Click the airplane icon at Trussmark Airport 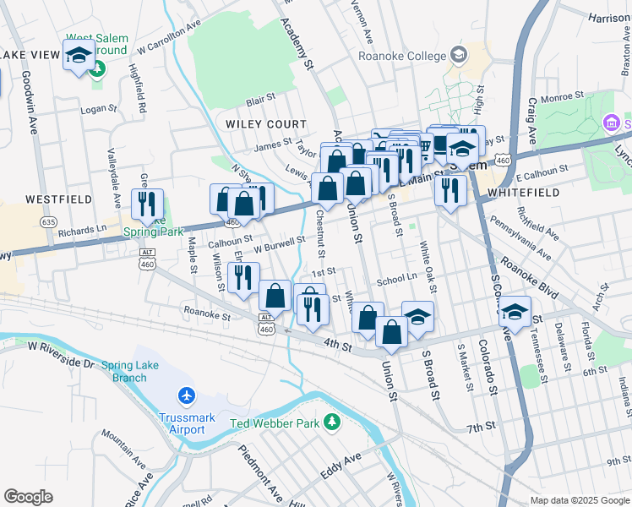[186, 395]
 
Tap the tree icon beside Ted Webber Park [334, 421]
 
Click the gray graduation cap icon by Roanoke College [458, 55]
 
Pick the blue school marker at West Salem [79, 56]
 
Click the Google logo [28, 497]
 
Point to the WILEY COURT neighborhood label [266, 124]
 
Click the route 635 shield [47, 222]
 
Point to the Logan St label [98, 109]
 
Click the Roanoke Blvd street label [528, 278]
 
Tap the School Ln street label [397, 277]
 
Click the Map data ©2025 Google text [579, 500]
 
